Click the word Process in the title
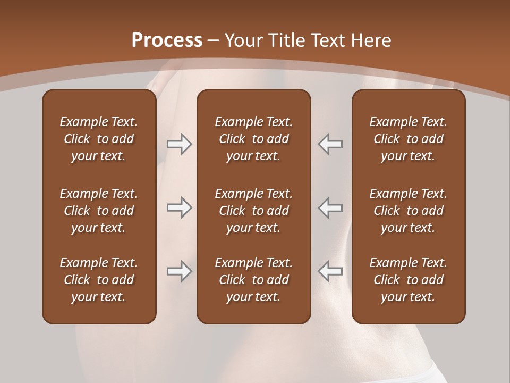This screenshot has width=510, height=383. pyautogui.click(x=167, y=40)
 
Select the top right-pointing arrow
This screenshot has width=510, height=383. pyautogui.click(x=179, y=144)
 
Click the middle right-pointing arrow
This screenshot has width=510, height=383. pyautogui.click(x=179, y=208)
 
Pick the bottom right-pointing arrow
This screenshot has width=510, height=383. pyautogui.click(x=179, y=271)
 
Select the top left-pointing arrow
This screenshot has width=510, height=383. pyautogui.click(x=330, y=144)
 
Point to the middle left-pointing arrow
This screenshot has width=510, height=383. pyautogui.click(x=330, y=208)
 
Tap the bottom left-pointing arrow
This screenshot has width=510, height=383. pyautogui.click(x=330, y=271)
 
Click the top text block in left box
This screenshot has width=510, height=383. pyautogui.click(x=99, y=139)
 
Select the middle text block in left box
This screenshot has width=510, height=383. pyautogui.click(x=99, y=211)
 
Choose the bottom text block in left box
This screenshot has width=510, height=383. pyautogui.click(x=99, y=280)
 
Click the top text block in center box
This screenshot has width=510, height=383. pyautogui.click(x=254, y=139)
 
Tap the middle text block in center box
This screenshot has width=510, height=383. pyautogui.click(x=254, y=211)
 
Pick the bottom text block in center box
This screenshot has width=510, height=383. pyautogui.click(x=254, y=280)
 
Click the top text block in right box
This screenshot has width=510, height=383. pyautogui.click(x=409, y=139)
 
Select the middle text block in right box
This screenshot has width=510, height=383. pyautogui.click(x=409, y=211)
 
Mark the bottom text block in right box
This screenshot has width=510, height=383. pyautogui.click(x=409, y=280)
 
